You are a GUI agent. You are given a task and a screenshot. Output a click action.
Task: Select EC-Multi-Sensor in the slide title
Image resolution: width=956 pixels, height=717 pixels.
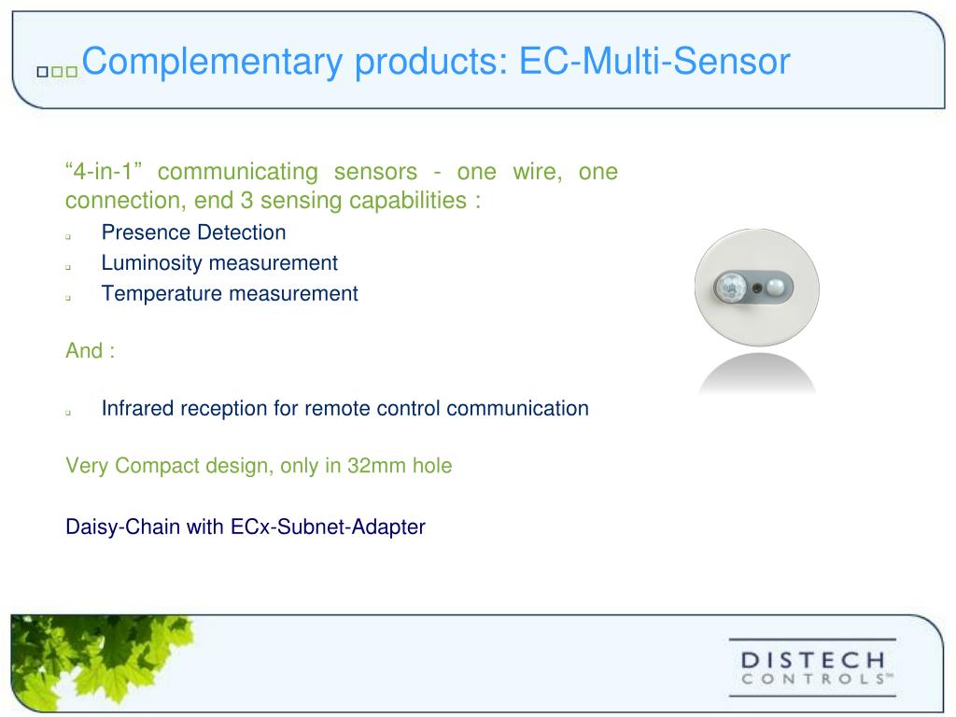click(x=654, y=63)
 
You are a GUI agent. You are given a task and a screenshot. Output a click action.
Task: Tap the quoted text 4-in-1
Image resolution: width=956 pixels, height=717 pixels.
click(x=103, y=173)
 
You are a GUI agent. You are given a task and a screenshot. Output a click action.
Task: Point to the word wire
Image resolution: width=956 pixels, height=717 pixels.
click(x=534, y=173)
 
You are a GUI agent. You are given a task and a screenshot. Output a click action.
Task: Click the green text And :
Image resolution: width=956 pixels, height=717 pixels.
click(x=90, y=351)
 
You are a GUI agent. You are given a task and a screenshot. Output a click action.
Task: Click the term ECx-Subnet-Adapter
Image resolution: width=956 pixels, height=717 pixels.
click(x=328, y=527)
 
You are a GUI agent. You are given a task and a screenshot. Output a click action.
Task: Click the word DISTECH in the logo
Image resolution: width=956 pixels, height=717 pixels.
click(x=812, y=660)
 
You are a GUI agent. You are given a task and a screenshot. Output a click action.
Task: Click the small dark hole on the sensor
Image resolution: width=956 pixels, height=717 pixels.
click(x=756, y=287)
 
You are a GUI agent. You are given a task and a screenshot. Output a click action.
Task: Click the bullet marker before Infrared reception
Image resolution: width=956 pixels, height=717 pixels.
click(x=69, y=411)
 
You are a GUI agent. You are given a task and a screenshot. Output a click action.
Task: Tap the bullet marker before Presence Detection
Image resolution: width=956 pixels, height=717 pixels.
click(x=69, y=235)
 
